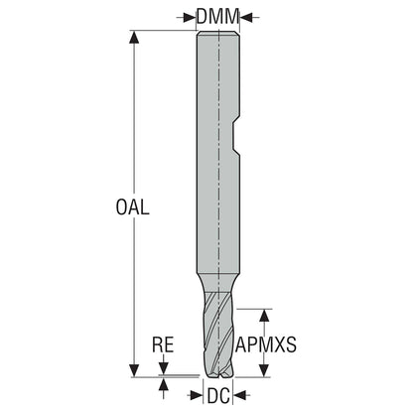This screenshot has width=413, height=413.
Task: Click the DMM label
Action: click(217, 16)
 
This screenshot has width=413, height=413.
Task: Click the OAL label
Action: click(132, 207)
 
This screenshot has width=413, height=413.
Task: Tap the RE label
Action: click(163, 344)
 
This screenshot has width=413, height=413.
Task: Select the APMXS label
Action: click(266, 344)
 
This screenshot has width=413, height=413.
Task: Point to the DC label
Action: click(218, 395)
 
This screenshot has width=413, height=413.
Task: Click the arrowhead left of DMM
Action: click(190, 17)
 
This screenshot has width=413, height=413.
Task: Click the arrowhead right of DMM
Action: click(245, 17)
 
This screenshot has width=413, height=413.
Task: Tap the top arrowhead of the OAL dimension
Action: click(134, 37)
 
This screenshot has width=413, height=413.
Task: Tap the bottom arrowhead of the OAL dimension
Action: click(134, 370)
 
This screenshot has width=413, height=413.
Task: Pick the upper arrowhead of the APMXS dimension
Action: click(264, 316)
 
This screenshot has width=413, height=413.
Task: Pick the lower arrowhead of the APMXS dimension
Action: click(264, 370)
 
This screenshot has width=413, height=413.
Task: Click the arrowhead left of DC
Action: click(196, 394)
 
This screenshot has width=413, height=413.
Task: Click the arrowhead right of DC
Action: click(240, 394)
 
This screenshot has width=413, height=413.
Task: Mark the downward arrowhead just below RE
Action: click(163, 368)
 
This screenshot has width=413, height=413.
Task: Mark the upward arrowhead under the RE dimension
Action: click(163, 385)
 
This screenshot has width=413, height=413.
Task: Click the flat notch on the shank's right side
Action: click(235, 137)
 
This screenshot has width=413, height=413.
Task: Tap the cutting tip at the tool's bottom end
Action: click(217, 374)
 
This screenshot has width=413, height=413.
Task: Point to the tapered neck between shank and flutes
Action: click(217, 282)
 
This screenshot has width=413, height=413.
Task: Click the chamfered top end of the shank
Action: click(218, 33)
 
